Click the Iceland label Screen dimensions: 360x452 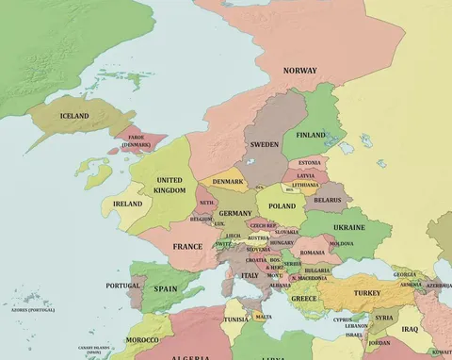(x=74, y=116)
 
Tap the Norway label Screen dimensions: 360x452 (x=300, y=71)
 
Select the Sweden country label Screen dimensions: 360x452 (x=263, y=145)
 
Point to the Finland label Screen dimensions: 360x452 (x=311, y=135)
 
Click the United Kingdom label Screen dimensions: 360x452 (x=169, y=185)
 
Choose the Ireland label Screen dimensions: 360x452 (x=127, y=204)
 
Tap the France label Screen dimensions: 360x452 (x=187, y=246)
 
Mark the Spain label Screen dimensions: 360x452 (x=166, y=289)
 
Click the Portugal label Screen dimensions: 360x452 (x=122, y=286)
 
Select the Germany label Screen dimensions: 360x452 (x=235, y=214)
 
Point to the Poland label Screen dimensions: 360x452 (x=282, y=205)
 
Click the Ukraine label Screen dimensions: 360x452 (x=349, y=228)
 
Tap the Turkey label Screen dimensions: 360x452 (x=366, y=293)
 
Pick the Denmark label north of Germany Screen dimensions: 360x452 (x=227, y=181)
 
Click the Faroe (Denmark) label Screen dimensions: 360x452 (x=136, y=141)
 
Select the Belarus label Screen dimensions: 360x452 (x=328, y=200)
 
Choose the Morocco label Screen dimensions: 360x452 (x=142, y=339)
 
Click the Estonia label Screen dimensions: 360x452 (x=309, y=162)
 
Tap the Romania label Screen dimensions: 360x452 (x=313, y=253)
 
